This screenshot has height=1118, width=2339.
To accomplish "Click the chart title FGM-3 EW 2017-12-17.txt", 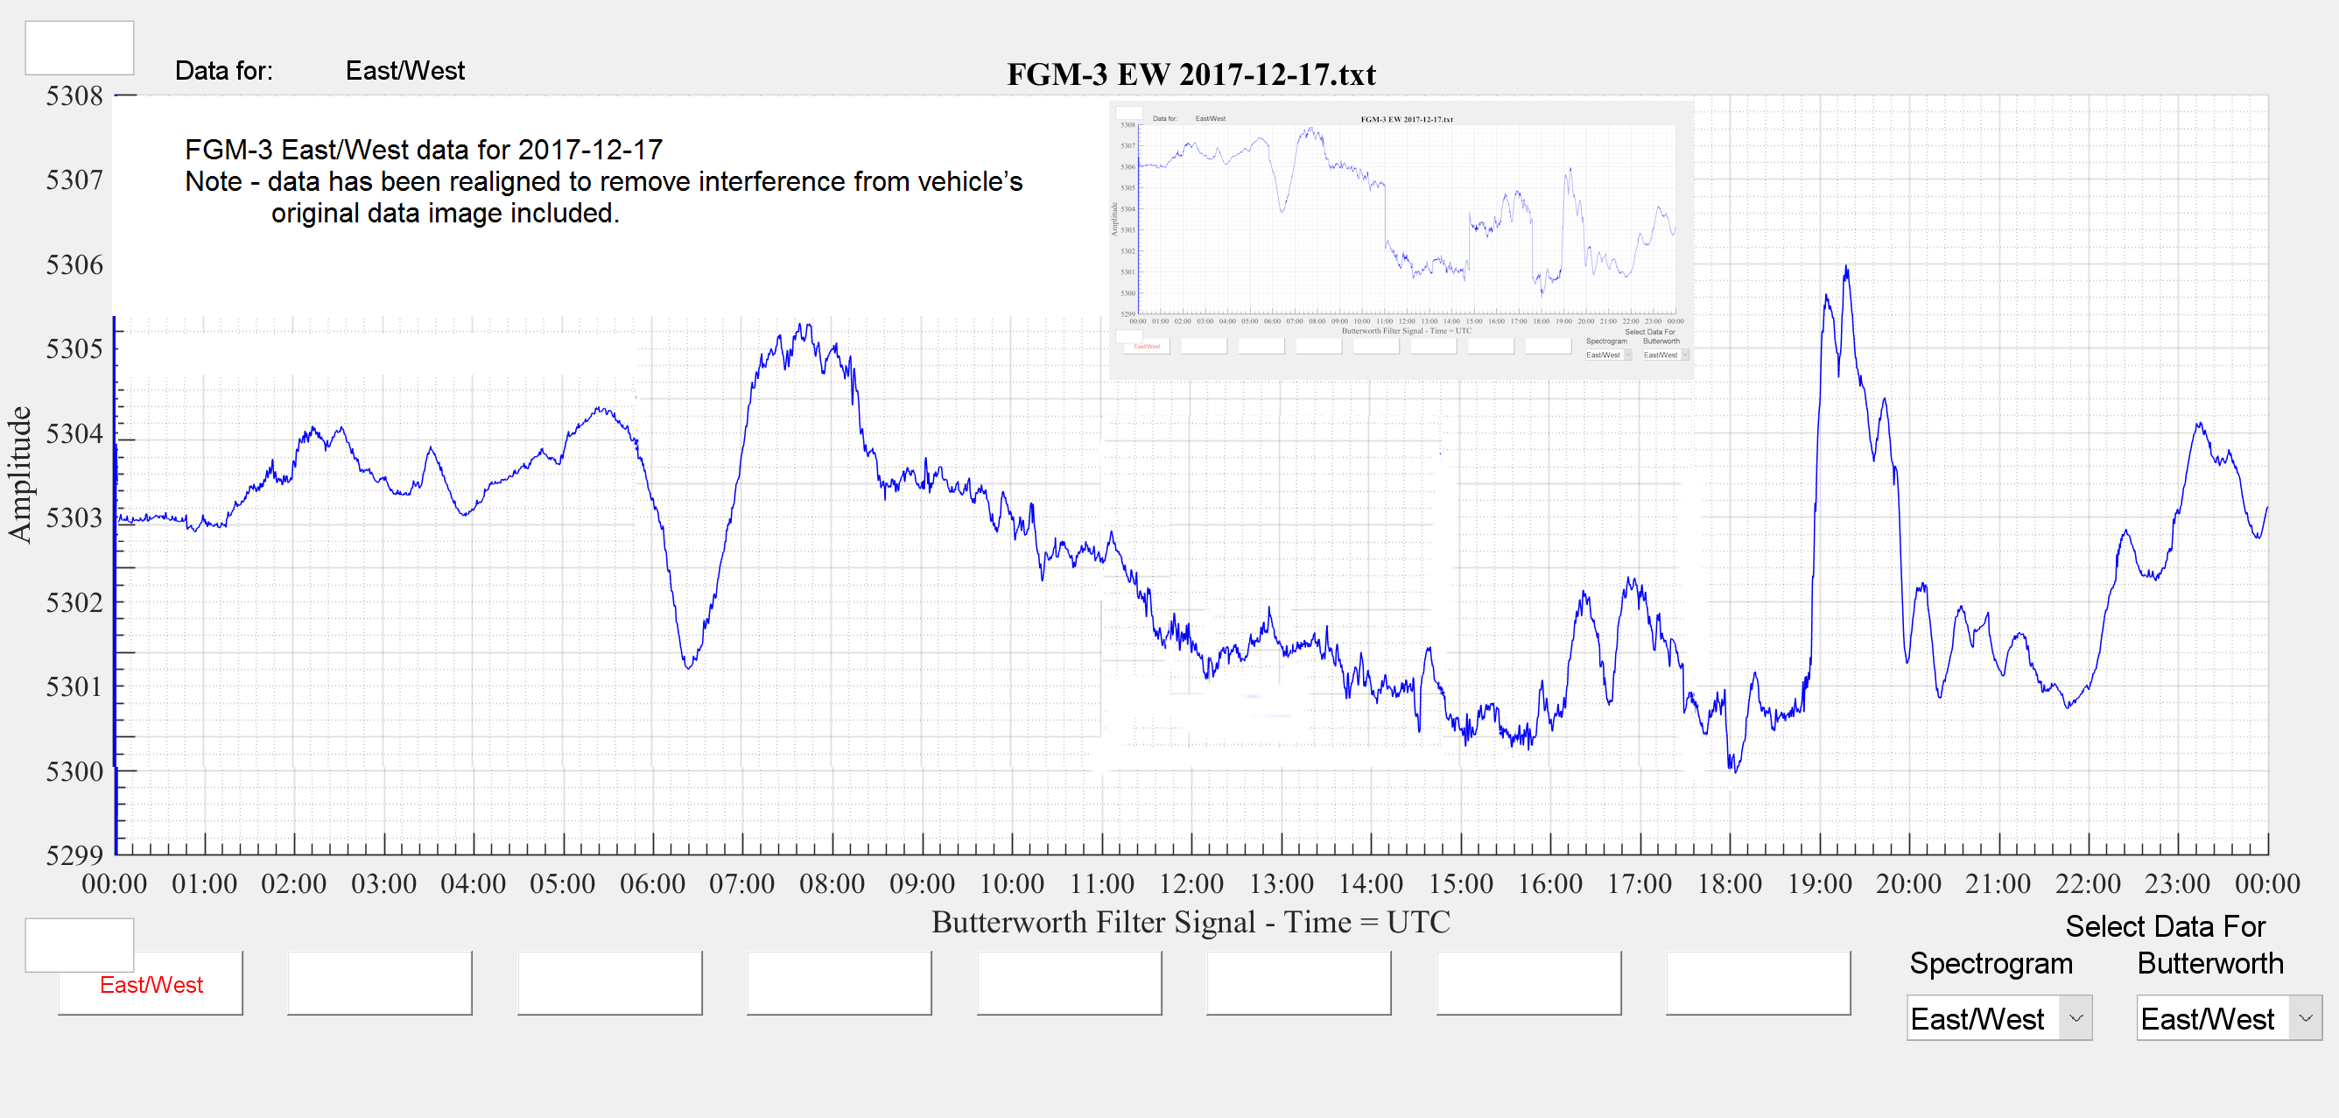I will click(x=1191, y=74).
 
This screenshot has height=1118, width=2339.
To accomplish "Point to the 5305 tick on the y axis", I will click(x=74, y=348).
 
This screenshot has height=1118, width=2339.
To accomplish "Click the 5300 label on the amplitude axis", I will click(x=74, y=772).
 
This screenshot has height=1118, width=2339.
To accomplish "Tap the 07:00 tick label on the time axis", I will click(x=741, y=883).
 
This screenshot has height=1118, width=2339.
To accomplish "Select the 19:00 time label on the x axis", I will click(x=1819, y=883).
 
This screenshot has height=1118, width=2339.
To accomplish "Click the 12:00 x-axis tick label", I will click(x=1191, y=883).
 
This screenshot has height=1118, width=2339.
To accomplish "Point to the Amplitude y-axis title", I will click(x=20, y=475).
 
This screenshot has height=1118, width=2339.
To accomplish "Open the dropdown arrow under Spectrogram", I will click(x=2076, y=1018).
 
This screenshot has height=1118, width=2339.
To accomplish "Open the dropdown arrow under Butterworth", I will click(x=2306, y=1018).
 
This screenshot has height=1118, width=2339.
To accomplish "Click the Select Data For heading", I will click(x=2165, y=926).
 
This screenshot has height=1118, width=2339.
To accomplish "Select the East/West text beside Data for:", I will click(x=405, y=71).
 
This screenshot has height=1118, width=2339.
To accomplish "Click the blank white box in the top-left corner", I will click(x=79, y=48).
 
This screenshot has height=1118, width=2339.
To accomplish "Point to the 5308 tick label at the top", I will click(x=74, y=95).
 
